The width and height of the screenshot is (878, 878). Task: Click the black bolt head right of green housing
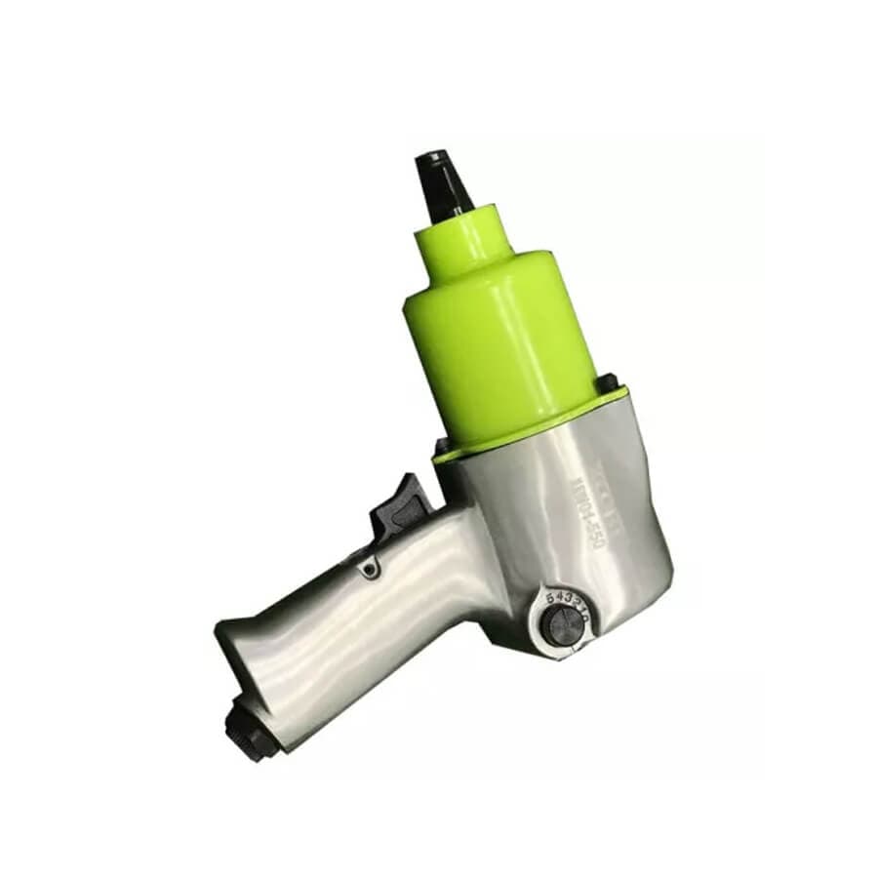pos(607,382)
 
